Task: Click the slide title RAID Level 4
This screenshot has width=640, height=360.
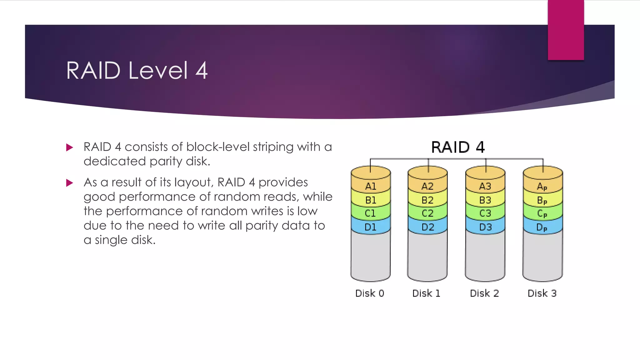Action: [137, 71]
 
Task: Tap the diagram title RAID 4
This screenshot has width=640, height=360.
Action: [458, 147]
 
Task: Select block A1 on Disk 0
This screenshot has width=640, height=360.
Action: [371, 187]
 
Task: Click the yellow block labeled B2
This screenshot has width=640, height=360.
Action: [427, 200]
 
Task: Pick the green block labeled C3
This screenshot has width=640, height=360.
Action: [485, 213]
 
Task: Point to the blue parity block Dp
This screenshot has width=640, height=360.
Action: [542, 227]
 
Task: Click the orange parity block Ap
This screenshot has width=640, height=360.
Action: [542, 187]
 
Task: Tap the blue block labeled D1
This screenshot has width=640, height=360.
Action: [371, 227]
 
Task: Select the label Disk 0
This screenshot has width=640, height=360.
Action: [370, 293]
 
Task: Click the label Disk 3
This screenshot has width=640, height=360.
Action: [542, 293]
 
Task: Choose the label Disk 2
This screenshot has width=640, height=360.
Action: [484, 293]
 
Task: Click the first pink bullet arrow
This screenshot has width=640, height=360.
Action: [70, 147]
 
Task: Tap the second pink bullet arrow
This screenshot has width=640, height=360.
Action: [70, 183]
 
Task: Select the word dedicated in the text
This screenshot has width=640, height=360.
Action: [114, 161]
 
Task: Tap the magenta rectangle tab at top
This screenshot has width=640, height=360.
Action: [566, 30]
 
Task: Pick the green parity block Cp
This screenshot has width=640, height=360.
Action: [542, 213]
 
